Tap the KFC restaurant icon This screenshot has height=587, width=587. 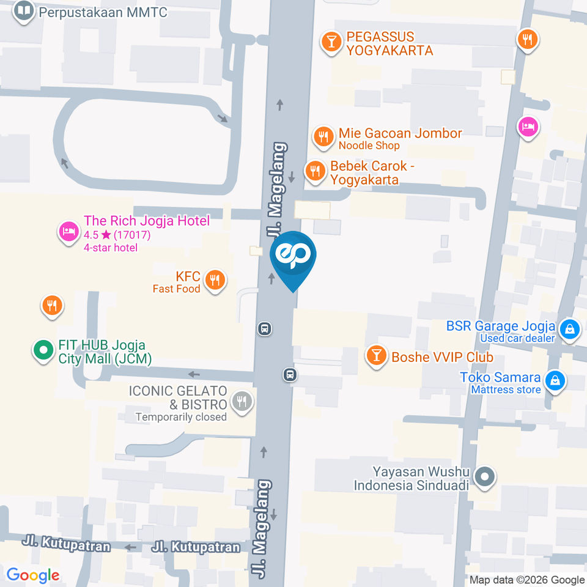click(x=214, y=280)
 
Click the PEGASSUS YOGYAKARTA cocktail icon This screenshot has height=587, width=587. click(x=331, y=42)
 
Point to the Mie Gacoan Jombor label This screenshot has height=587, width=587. click(x=401, y=133)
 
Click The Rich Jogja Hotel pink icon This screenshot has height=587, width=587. click(x=67, y=231)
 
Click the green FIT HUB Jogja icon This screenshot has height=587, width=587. click(x=43, y=350)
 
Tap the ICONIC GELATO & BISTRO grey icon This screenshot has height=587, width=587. click(x=242, y=401)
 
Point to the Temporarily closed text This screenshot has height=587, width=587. click(x=181, y=417)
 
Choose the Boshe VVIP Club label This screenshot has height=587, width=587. click(x=442, y=357)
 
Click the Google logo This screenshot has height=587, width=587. click(x=33, y=575)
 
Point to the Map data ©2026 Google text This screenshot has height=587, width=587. click(x=527, y=580)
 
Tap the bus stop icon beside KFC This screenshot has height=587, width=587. click(x=265, y=329)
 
